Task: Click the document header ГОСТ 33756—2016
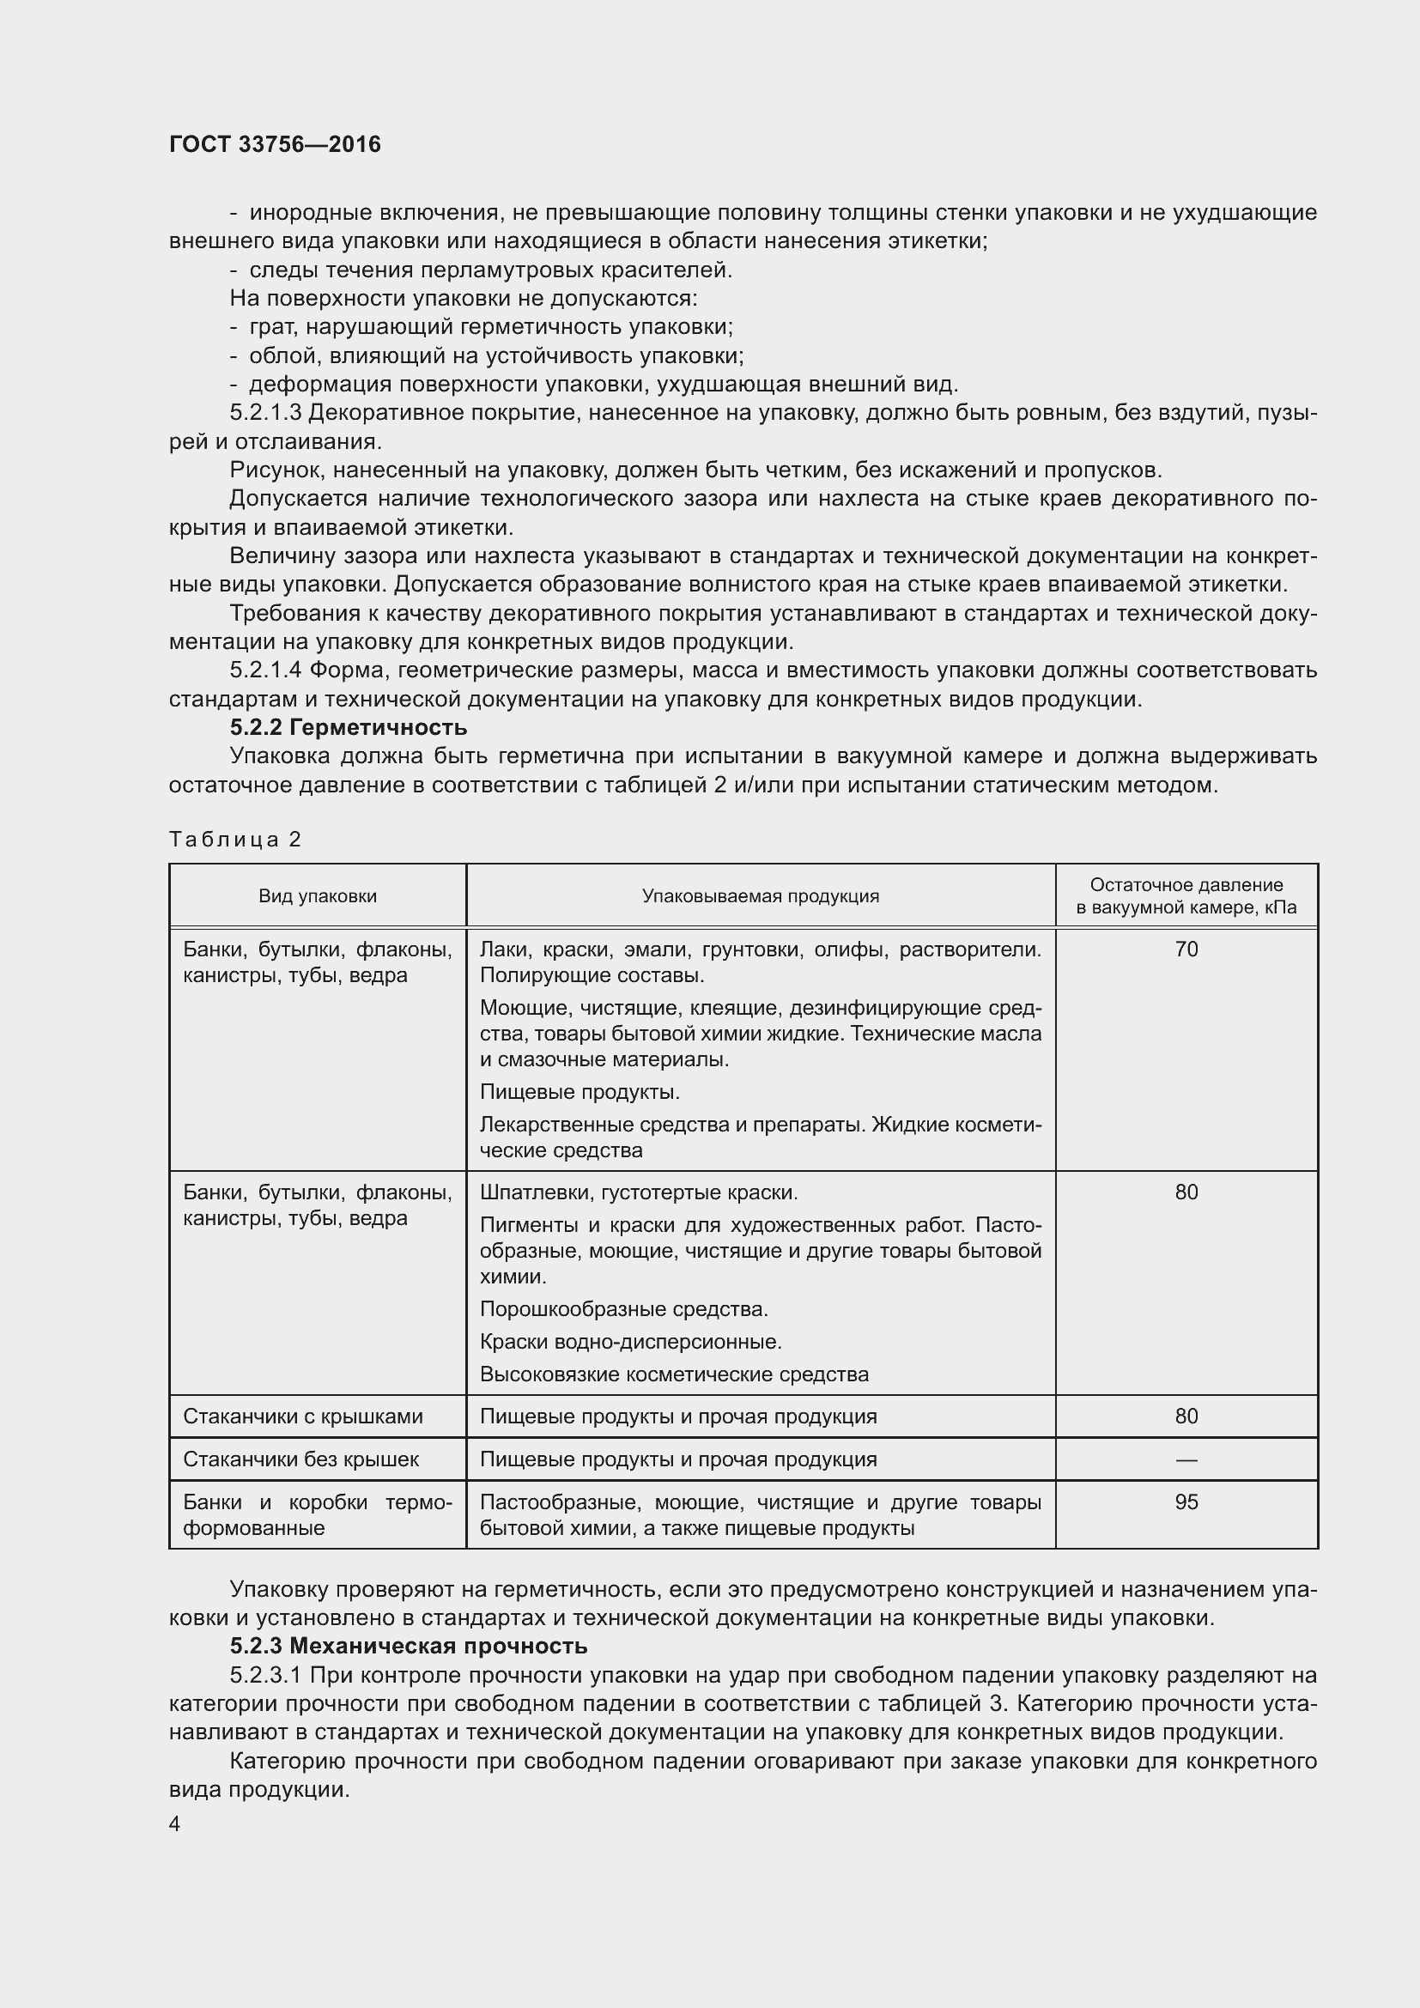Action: pyautogui.click(x=275, y=144)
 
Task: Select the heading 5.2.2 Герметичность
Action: pyautogui.click(x=348, y=728)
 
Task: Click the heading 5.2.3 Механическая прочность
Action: pyautogui.click(x=409, y=1646)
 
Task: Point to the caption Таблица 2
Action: pyautogui.click(x=235, y=840)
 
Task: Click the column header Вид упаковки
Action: pyautogui.click(x=318, y=895)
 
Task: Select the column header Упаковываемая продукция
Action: pyautogui.click(x=761, y=895)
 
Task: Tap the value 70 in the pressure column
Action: pyautogui.click(x=1186, y=949)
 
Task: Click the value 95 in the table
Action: pyautogui.click(x=1186, y=1501)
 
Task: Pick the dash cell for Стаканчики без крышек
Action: pyautogui.click(x=1186, y=1459)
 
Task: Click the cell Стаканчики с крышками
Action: pyautogui.click(x=302, y=1416)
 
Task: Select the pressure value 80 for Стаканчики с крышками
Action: pyautogui.click(x=1186, y=1416)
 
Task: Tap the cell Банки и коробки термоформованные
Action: pyautogui.click(x=318, y=1514)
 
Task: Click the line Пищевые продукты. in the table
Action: pyautogui.click(x=580, y=1091)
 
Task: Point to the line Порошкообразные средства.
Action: pyautogui.click(x=623, y=1309)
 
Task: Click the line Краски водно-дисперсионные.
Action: pyautogui.click(x=630, y=1342)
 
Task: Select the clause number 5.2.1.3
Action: pyautogui.click(x=265, y=413)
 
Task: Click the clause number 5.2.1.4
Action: pyautogui.click(x=265, y=670)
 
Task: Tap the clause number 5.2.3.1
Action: pyautogui.click(x=265, y=1675)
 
